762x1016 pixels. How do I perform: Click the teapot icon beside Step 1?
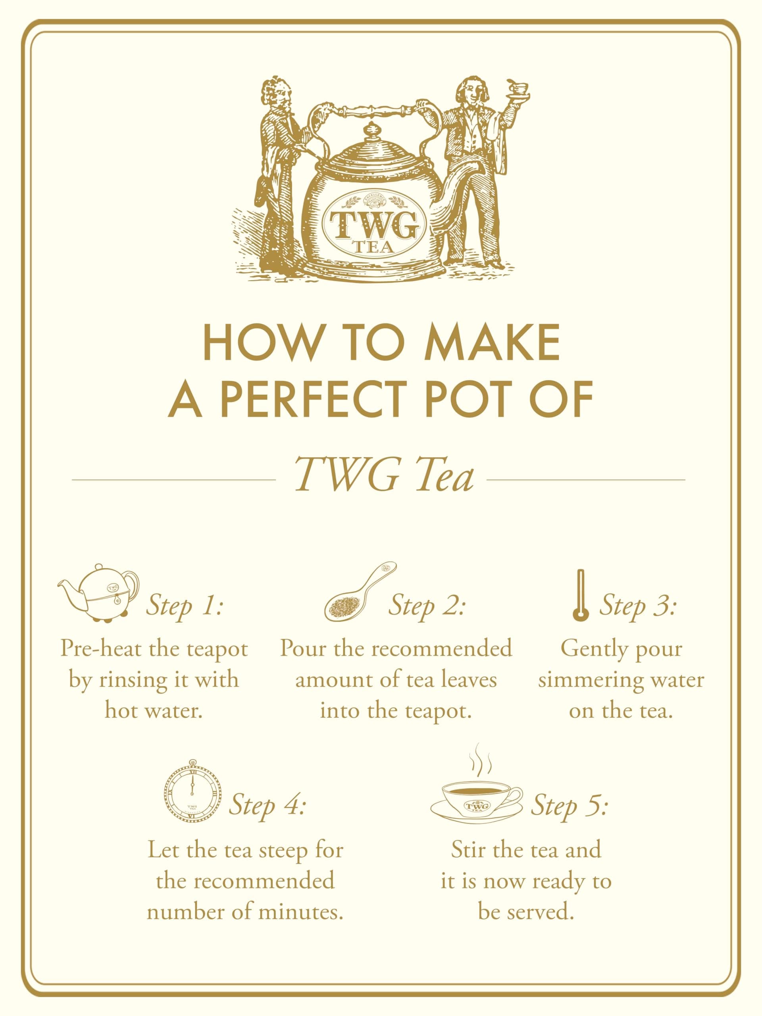pos(98,593)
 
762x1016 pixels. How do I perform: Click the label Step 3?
pos(638,607)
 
